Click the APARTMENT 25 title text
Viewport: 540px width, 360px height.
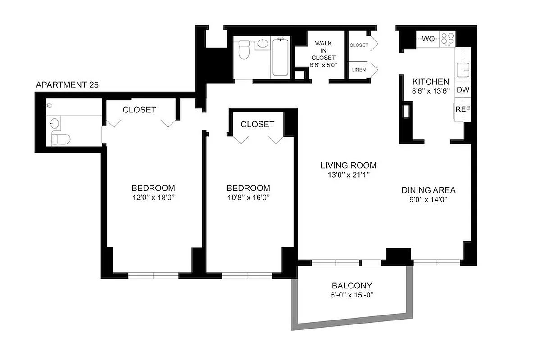67,85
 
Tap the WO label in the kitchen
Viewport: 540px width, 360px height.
428,39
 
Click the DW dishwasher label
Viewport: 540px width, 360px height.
463,90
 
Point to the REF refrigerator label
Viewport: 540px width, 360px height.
463,109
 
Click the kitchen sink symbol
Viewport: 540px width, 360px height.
463,70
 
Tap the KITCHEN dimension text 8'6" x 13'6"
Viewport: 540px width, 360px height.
431,90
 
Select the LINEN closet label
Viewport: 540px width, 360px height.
358,70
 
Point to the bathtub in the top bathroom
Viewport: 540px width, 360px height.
280,57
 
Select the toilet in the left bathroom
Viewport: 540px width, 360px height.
60,139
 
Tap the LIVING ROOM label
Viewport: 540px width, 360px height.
348,165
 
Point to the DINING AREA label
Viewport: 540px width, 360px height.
428,190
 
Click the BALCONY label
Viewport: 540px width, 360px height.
352,285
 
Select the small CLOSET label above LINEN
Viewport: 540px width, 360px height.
358,45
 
